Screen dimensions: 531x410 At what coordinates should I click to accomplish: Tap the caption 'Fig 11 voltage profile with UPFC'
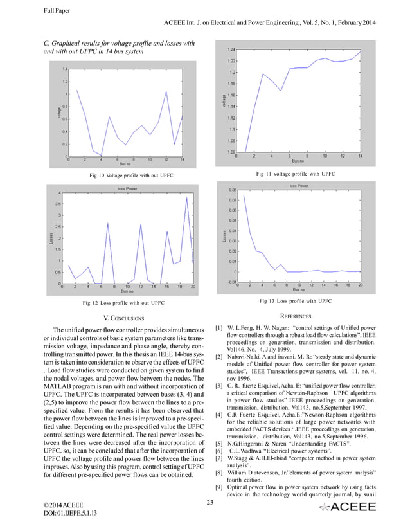(295, 174)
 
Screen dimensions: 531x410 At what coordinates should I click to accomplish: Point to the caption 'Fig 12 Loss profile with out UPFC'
(125, 301)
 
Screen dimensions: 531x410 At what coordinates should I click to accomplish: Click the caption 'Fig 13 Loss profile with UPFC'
(295, 300)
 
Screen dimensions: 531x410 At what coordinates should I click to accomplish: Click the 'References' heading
(296, 316)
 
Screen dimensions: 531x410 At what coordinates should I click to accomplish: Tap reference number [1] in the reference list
(220, 328)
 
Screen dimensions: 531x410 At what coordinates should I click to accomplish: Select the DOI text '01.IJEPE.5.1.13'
(71, 515)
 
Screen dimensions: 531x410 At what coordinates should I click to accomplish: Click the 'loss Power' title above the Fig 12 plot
(127, 188)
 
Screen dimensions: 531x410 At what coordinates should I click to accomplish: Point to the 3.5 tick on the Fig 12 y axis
(57, 204)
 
